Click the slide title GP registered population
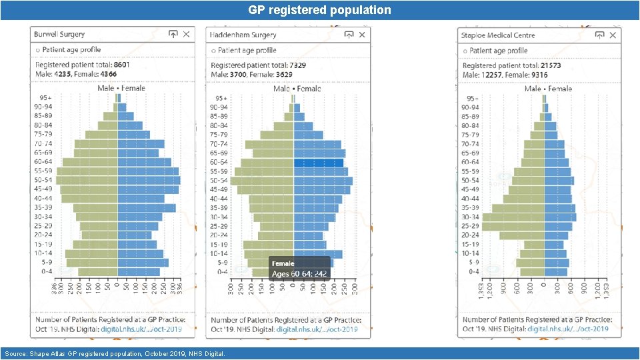coord(319,10)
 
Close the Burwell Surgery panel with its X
coord(187,34)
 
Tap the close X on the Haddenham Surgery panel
coord(362,34)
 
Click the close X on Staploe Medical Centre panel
coord(613,35)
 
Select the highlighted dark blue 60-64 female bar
coord(319,163)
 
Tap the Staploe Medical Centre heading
coord(497,35)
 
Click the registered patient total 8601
coord(122,65)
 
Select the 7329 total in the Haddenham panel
coord(297,65)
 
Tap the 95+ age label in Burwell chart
coord(41,98)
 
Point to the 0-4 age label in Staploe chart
coord(472,271)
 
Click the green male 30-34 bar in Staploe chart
coord(513,217)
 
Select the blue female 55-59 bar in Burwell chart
coord(148,171)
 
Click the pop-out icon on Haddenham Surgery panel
coord(349,34)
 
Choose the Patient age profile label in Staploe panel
coord(498,51)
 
